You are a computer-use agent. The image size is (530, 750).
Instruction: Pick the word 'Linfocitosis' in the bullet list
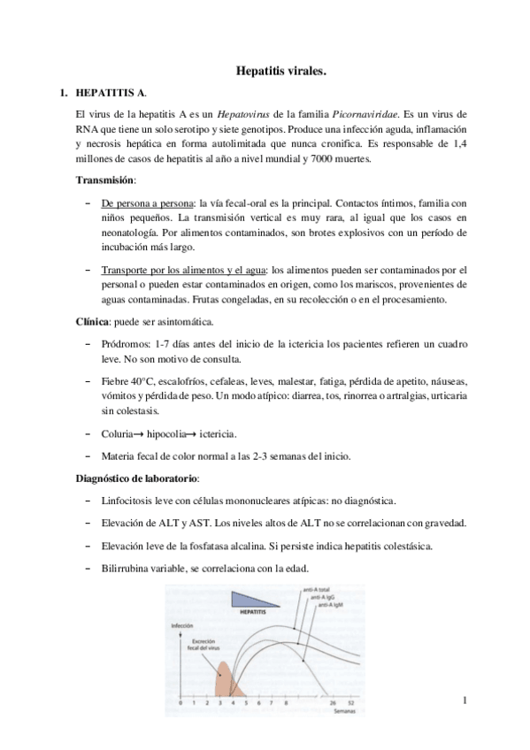[x=133, y=501]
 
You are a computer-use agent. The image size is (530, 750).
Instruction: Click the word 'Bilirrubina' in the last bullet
[x=130, y=569]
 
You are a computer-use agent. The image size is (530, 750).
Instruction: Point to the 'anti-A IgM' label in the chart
[x=331, y=603]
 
